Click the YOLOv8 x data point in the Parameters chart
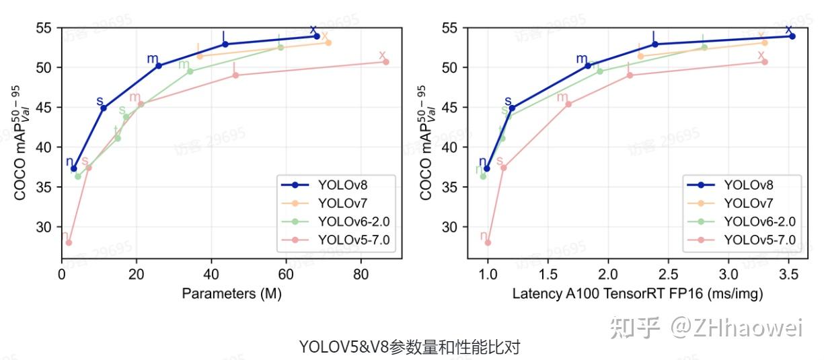coord(316,36)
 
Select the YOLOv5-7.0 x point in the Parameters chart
coord(385,62)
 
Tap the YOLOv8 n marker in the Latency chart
coord(487,168)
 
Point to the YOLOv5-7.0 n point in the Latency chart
coord(488,242)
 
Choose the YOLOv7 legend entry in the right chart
coord(747,202)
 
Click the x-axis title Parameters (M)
coord(231,294)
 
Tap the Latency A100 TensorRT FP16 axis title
coord(638,294)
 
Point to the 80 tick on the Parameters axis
coord(361,275)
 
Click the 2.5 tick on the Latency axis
coord(668,275)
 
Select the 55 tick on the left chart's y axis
coord(45,28)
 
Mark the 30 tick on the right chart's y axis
coord(451,227)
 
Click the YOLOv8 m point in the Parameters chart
coord(159,66)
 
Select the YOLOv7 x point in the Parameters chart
coord(328,42)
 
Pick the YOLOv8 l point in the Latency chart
coord(654,44)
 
